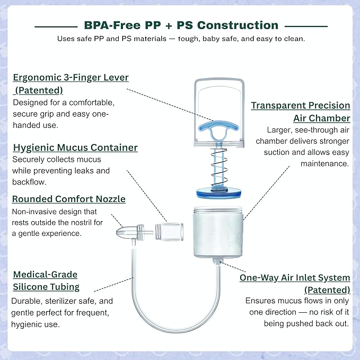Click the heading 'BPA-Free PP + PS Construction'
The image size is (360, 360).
coord(181,25)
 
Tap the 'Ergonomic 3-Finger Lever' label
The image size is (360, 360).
coord(71,77)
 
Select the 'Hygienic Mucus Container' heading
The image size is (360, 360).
coord(75,147)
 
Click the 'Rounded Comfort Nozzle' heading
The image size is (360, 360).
coord(68,199)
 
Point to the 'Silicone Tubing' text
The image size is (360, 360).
coord(46,287)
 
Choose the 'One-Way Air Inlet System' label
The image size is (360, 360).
coord(295,278)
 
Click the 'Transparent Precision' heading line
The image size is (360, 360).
coord(301,106)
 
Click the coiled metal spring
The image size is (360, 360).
coord(219,168)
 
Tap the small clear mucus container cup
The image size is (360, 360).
coord(169,232)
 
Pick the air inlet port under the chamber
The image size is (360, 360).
coord(217,261)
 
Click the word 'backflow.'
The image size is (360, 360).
coord(29,182)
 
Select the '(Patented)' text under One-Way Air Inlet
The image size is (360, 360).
coord(327,290)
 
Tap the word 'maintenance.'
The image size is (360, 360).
coord(324,164)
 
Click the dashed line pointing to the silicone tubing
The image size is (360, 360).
coord(114,285)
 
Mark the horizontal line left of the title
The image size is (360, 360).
coord(56,27)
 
